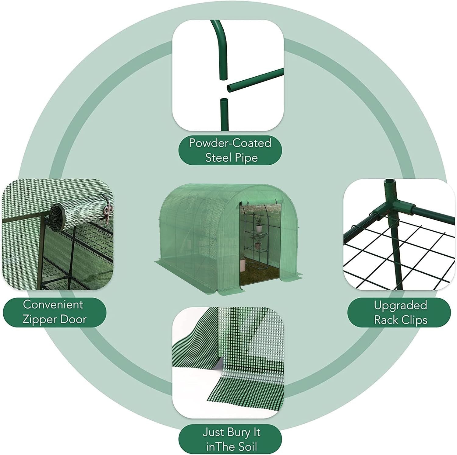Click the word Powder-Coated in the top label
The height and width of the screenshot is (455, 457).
coord(230,143)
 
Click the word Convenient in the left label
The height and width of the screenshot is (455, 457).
coord(53,304)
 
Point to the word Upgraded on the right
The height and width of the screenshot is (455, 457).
coord(400,306)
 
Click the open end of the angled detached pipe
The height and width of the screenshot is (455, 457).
coord(229,89)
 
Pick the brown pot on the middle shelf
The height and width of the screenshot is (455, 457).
coord(258,246)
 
